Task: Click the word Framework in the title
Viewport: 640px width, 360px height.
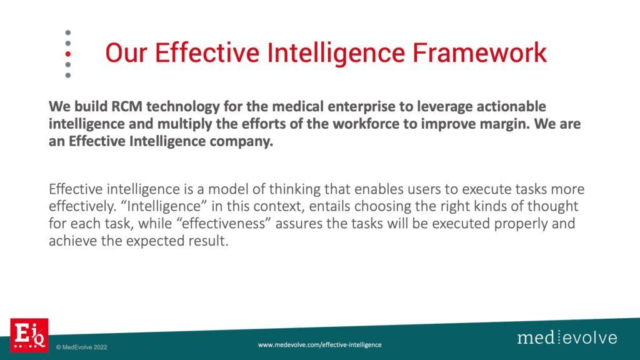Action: pyautogui.click(x=479, y=52)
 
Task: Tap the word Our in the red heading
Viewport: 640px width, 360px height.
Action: pyautogui.click(x=126, y=52)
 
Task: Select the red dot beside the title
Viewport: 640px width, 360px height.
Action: pyautogui.click(x=67, y=54)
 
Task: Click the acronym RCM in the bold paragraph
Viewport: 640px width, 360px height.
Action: pyautogui.click(x=126, y=106)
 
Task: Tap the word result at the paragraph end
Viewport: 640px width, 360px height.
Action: pyautogui.click(x=208, y=241)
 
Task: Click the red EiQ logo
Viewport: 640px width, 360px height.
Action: pyautogui.click(x=29, y=335)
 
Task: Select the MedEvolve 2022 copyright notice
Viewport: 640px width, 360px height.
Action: pyautogui.click(x=82, y=347)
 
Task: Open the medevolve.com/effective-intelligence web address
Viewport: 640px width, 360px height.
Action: pyautogui.click(x=319, y=345)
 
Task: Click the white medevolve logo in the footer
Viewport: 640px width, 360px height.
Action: pyautogui.click(x=567, y=337)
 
